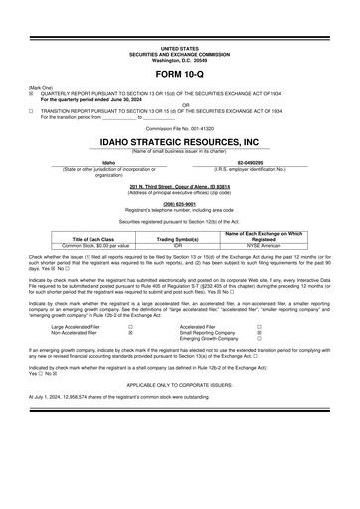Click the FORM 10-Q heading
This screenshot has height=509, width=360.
pyautogui.click(x=179, y=75)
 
